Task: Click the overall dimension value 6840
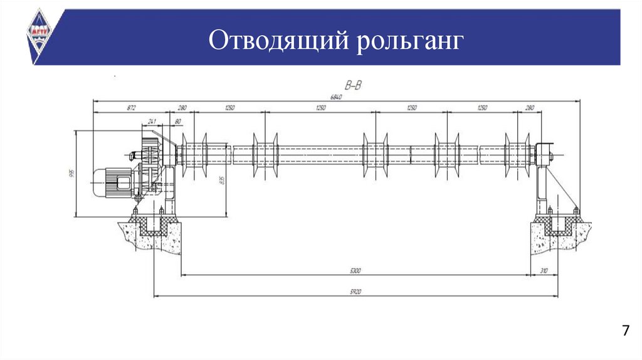point(337,96)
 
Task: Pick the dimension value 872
point(131,108)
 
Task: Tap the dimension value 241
point(152,120)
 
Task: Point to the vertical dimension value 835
point(221,182)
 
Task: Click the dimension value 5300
point(355,271)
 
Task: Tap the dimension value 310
point(543,271)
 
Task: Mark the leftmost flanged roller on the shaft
point(194,154)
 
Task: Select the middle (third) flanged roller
point(375,154)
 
